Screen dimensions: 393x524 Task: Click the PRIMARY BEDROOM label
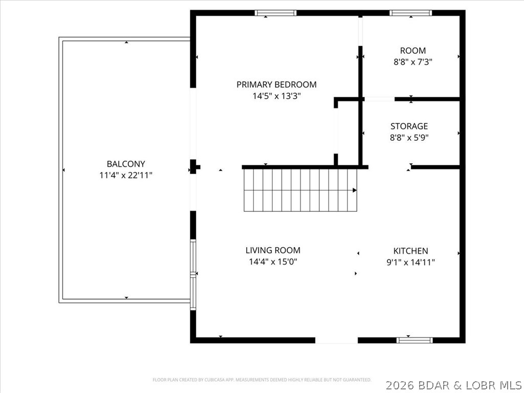pos(276,84)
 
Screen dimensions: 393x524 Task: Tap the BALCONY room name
pos(126,164)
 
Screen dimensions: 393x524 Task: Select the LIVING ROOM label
pos(273,250)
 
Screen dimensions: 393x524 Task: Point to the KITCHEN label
pos(410,251)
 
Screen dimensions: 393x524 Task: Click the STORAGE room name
pos(409,126)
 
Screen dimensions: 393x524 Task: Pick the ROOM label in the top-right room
pos(412,51)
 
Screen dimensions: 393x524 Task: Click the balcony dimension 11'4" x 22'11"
pos(126,176)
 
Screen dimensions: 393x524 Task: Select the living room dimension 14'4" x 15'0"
pos(273,261)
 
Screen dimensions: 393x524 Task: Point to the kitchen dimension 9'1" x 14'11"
pos(410,262)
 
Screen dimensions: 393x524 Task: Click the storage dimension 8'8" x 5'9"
pos(409,137)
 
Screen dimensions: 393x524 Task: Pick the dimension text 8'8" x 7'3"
pos(412,62)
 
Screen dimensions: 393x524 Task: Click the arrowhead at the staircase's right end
pos(354,190)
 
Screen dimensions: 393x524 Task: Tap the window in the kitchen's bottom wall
pos(414,340)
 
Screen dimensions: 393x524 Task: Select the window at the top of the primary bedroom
pos(276,13)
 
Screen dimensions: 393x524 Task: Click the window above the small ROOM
pos(410,13)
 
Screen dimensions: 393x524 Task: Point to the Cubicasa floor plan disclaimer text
pos(261,380)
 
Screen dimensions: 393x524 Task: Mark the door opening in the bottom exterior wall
pos(336,340)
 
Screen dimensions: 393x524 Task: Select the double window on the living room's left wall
pos(193,275)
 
